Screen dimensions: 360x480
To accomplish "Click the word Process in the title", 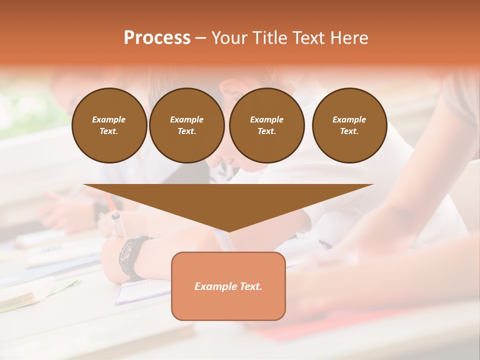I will pyautogui.click(x=157, y=38).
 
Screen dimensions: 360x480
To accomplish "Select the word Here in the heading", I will pyautogui.click(x=348, y=38).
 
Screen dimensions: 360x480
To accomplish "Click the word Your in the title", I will pyautogui.click(x=229, y=38).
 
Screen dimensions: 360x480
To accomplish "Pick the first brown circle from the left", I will pyautogui.click(x=109, y=125).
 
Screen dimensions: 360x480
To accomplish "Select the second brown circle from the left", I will pyautogui.click(x=187, y=125).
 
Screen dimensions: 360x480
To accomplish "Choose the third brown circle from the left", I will pyautogui.click(x=266, y=125).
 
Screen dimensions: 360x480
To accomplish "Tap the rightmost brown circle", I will pyautogui.click(x=349, y=125).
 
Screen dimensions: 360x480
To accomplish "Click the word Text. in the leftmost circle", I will pyautogui.click(x=109, y=131).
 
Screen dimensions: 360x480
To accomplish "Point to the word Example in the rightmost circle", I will pyautogui.click(x=349, y=119).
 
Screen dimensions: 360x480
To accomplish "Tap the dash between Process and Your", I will pyautogui.click(x=200, y=38).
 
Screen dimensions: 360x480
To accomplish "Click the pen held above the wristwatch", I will pyautogui.click(x=118, y=224).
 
